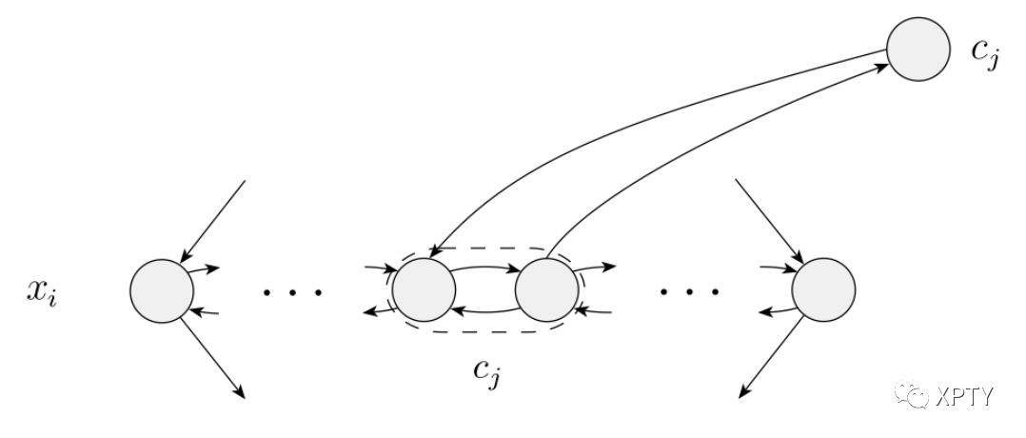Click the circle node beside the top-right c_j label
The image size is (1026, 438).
tap(918, 49)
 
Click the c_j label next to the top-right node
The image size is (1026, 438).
tap(985, 51)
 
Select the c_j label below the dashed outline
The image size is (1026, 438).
tap(488, 372)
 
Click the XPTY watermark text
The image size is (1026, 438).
tap(961, 397)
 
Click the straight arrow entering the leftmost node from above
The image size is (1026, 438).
tap(214, 219)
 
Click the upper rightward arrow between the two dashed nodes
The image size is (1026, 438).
tap(484, 269)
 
